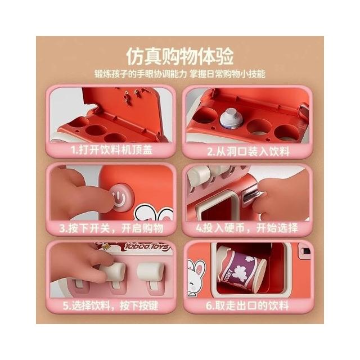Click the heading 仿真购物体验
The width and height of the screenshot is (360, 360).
tap(180, 56)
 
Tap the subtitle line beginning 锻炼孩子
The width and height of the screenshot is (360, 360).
tap(180, 74)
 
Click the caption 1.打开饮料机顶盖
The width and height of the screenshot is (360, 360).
tap(111, 150)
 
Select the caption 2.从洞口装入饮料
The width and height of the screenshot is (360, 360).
tap(248, 151)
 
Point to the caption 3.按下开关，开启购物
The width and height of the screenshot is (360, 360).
tap(111, 228)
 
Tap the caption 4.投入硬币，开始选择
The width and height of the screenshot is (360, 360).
tap(247, 228)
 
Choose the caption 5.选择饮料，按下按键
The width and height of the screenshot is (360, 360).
tap(111, 305)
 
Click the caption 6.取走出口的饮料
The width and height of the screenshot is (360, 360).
tap(247, 306)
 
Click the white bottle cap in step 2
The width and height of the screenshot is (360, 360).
tap(231, 118)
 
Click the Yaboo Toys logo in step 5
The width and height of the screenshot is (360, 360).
tap(147, 247)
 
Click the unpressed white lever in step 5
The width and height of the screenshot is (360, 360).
tap(151, 272)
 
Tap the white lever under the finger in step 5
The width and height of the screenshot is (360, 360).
tap(114, 272)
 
